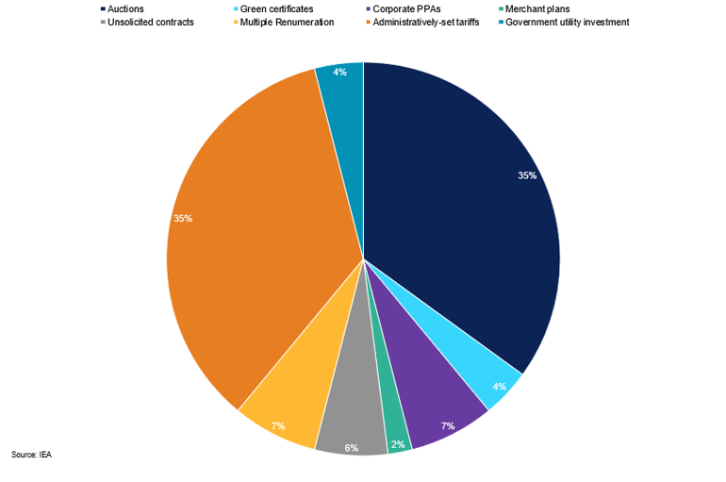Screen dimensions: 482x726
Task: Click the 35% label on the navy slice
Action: click(x=527, y=175)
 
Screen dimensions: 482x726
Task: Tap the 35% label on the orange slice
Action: click(x=183, y=218)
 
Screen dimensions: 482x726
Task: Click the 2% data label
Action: click(x=399, y=444)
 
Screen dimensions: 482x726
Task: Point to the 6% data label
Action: click(x=351, y=448)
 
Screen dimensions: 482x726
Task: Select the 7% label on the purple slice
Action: click(x=447, y=426)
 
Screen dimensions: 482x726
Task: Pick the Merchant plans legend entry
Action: click(x=536, y=8)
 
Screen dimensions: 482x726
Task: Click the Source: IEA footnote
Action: click(x=31, y=455)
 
